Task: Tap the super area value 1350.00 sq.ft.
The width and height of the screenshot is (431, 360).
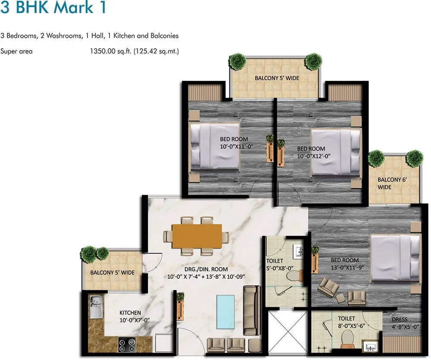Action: pos(110,51)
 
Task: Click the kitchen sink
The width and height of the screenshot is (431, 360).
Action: pos(96,307)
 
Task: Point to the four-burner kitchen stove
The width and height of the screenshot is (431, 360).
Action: pos(128,344)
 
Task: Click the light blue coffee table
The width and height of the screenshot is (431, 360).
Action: pos(225,311)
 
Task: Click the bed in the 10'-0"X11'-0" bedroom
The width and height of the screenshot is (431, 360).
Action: pos(215,146)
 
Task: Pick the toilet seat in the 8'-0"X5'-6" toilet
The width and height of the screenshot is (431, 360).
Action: pos(347,343)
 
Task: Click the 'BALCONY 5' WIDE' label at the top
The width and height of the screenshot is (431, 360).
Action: pos(277,78)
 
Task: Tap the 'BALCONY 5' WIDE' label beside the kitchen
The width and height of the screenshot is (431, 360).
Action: pos(112,273)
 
